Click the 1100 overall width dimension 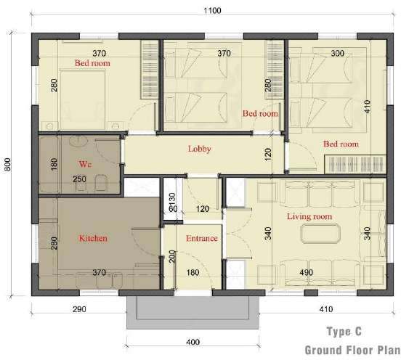pos(212,11)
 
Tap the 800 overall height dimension pos(7,164)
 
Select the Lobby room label pos(200,149)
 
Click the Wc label pos(85,164)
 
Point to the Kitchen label pos(93,238)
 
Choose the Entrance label pos(202,238)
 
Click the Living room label pos(309,216)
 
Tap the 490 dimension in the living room pos(307,273)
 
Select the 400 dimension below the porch pos(193,342)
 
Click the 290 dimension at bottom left pos(79,309)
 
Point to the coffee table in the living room pos(320,234)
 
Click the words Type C pos(344,332)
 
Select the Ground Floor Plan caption pos(352,350)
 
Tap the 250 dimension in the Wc pos(79,179)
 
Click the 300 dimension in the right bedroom pos(338,54)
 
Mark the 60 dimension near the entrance pos(173,209)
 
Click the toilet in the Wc pos(101,182)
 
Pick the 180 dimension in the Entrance pos(193,273)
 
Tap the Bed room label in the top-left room pos(92,63)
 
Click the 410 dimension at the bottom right pos(326,309)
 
